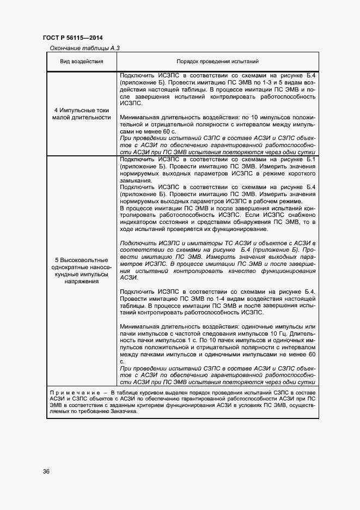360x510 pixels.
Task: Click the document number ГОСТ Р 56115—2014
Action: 72,38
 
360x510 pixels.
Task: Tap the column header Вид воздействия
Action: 82,62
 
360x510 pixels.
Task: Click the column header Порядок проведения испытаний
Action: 217,62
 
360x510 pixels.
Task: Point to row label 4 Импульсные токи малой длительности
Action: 82,113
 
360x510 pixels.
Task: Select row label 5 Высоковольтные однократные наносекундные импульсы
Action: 82,271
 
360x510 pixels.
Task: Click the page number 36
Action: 46,471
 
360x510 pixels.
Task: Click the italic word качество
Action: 231,270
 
